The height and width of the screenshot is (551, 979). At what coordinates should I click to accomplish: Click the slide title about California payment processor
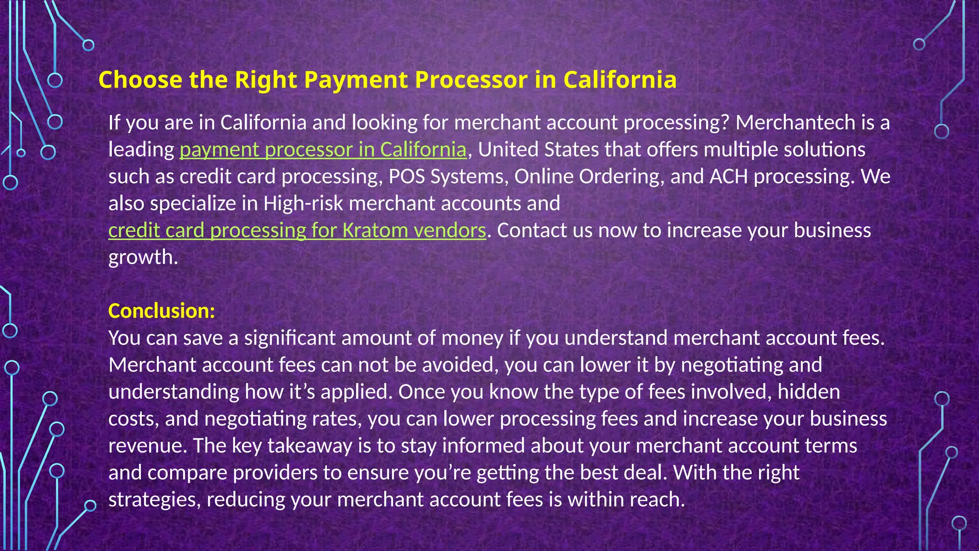387,80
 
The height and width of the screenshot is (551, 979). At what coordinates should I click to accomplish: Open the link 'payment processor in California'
323,150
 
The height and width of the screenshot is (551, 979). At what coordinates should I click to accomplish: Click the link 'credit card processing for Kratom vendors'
297,231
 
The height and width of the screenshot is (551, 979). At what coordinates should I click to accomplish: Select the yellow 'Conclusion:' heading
162,311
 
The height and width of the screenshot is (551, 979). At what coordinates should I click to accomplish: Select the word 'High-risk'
303,204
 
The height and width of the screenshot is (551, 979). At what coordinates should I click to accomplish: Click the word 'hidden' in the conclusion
808,392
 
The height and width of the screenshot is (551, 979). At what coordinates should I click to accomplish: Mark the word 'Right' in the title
266,80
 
